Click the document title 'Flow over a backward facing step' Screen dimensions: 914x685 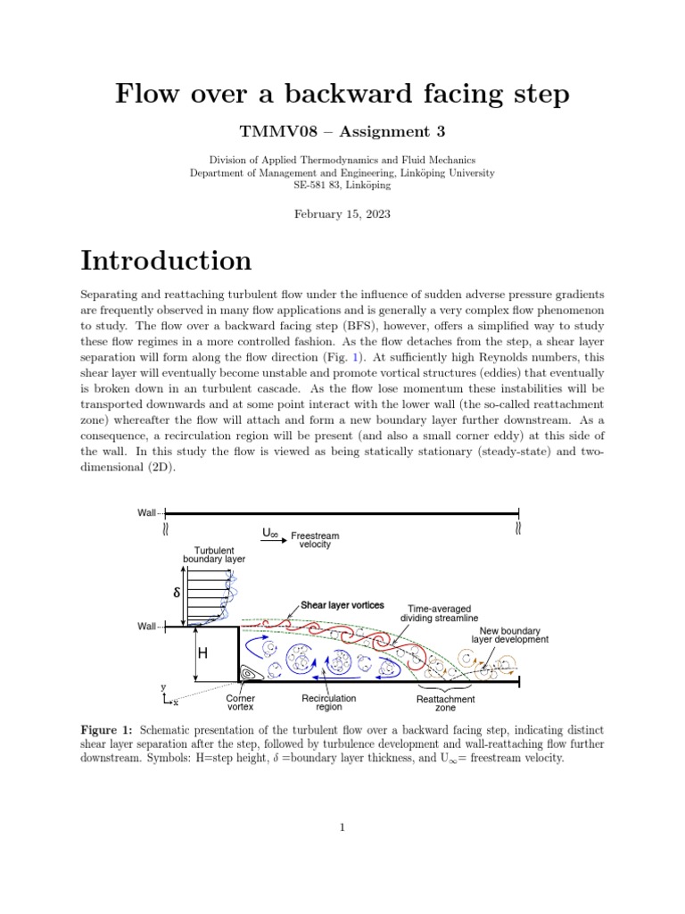coord(342,94)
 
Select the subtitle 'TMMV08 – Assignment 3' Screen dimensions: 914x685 coord(342,132)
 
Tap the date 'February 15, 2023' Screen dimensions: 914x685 coord(342,214)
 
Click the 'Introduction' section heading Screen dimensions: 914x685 coord(166,261)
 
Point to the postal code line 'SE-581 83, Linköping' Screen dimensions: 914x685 coord(342,186)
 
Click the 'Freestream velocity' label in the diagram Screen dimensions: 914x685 coord(315,541)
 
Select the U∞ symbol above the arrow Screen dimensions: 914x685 coord(270,533)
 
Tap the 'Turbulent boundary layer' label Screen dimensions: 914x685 coord(214,554)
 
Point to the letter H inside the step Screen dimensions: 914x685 coord(202,653)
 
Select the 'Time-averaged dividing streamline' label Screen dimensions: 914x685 coord(438,612)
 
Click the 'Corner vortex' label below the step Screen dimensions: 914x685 coord(241,702)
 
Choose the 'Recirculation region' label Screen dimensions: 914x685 coord(329,702)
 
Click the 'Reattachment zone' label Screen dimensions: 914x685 coord(445,703)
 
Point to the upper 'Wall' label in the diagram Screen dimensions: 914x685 coord(146,512)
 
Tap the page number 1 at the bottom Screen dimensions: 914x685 coord(342,828)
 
